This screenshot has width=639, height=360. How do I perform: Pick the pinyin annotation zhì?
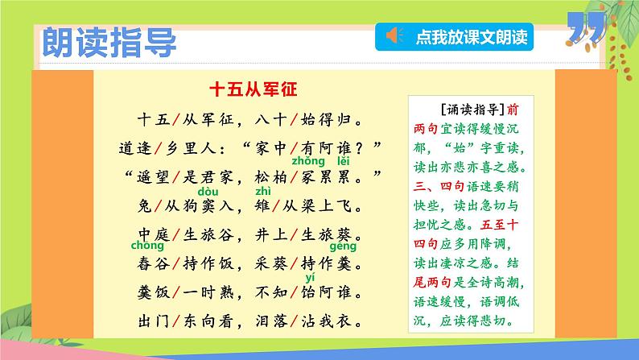(262, 192)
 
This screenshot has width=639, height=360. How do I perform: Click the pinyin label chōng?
(148, 246)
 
